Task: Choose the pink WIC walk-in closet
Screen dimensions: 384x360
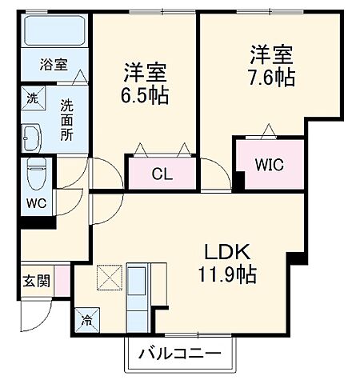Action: (x=270, y=166)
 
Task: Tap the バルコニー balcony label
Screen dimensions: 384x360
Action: (x=182, y=352)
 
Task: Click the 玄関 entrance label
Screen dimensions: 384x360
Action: (x=36, y=281)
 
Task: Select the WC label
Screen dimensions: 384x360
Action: (x=35, y=202)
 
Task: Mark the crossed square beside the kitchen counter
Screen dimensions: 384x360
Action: (x=107, y=278)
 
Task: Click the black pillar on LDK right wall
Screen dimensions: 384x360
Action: (x=298, y=258)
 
